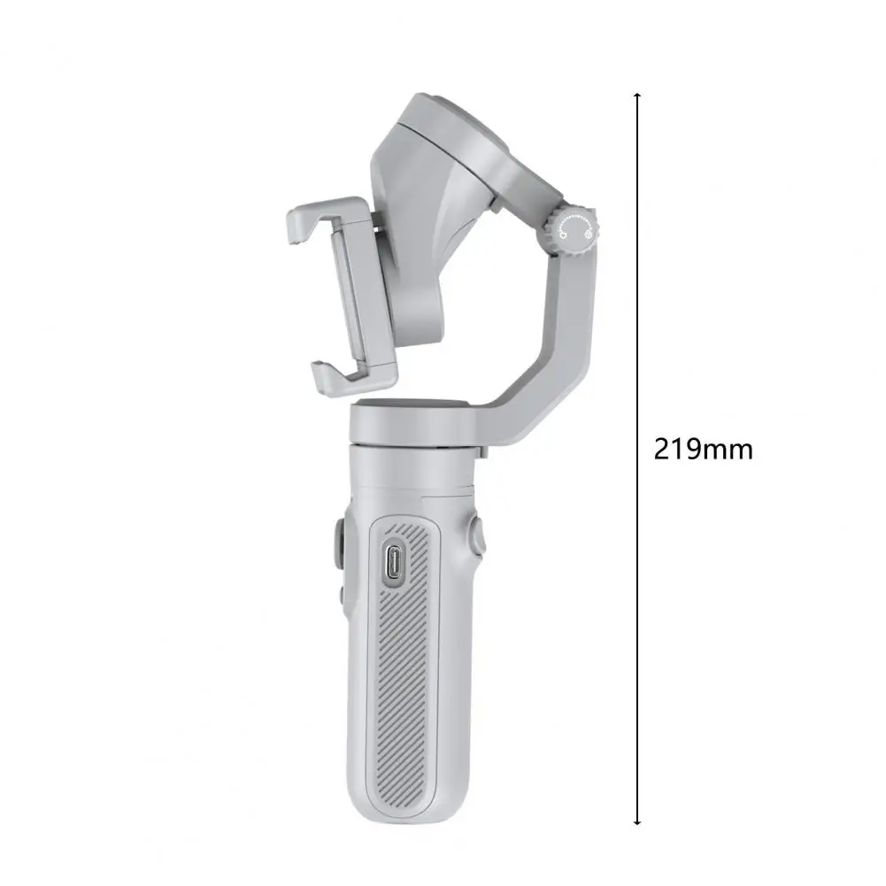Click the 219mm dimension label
[703, 450]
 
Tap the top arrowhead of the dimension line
[637, 96]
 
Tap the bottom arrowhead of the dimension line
[637, 821]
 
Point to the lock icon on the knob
[588, 233]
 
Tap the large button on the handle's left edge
[340, 544]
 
